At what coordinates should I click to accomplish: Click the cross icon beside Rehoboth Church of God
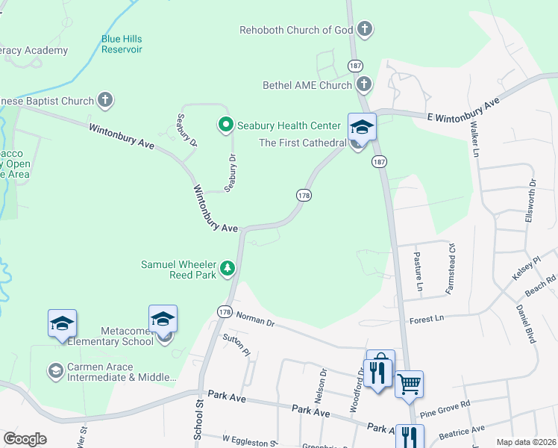click(364, 31)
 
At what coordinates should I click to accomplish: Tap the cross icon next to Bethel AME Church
click(364, 85)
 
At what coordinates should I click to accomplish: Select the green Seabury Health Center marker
click(224, 125)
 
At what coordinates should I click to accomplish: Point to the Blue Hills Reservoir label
click(122, 44)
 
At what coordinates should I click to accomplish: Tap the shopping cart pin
click(409, 385)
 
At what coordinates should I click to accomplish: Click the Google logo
click(25, 438)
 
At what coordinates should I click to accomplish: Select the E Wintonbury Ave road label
click(462, 109)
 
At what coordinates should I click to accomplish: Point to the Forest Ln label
click(427, 319)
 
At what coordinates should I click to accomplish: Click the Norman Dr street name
click(255, 319)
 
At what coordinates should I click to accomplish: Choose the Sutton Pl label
click(237, 345)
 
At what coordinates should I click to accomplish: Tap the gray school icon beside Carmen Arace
click(55, 370)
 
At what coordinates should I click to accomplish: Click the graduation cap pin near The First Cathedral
click(362, 127)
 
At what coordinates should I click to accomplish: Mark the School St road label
click(200, 422)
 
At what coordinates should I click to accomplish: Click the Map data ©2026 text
click(526, 442)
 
